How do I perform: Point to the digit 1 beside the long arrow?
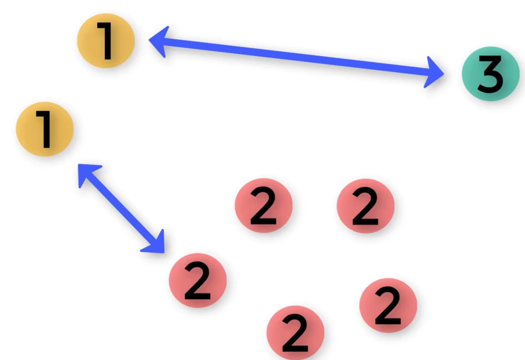tap(107, 40)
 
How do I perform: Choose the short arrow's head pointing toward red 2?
tap(155, 243)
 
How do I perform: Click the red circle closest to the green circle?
tap(365, 205)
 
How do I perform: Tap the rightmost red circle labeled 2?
tap(388, 305)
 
